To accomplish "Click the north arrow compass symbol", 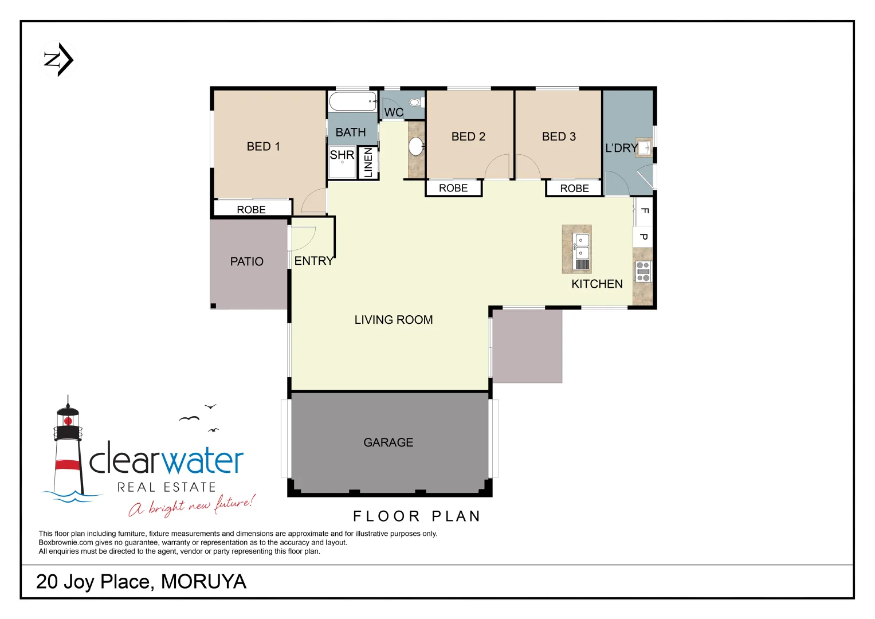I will click(x=59, y=60).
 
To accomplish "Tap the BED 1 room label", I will click(x=263, y=147).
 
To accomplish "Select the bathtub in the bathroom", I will click(x=352, y=101).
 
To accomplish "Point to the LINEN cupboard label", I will click(x=368, y=162).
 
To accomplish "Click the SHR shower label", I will click(x=342, y=155).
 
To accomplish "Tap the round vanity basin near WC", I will click(x=416, y=146).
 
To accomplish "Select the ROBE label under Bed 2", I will click(x=453, y=188).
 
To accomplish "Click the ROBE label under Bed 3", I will click(x=574, y=189).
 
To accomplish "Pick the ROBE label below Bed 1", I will click(x=251, y=210).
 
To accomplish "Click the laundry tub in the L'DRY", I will click(x=644, y=148).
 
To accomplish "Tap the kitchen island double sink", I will click(x=582, y=246).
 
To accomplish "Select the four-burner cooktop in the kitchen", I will click(x=643, y=271).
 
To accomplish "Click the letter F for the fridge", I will click(x=644, y=211).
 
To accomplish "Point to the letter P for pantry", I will click(x=644, y=237).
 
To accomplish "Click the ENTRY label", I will click(x=313, y=261).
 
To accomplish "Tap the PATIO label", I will click(x=246, y=262).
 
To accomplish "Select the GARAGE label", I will click(x=388, y=442).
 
